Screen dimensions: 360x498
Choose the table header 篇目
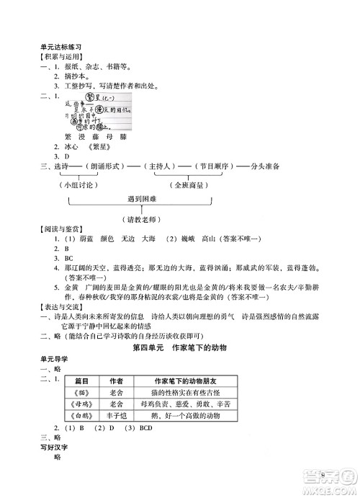(x=81, y=381)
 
